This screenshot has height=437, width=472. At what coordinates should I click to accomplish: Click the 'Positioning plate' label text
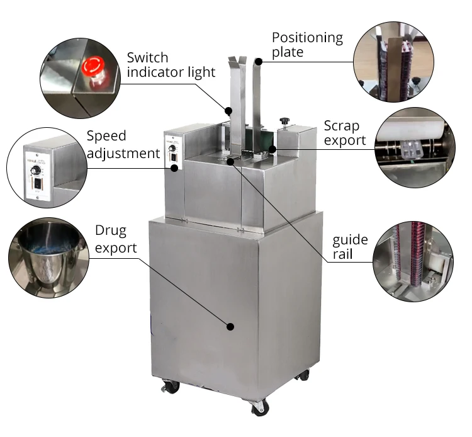point(307,44)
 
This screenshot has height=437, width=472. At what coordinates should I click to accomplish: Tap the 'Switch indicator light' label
point(171,65)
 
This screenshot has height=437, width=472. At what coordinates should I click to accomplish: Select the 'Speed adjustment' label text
point(123,144)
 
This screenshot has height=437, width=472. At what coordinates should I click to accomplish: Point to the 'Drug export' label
point(115,239)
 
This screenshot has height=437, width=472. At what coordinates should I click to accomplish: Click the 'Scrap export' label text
point(344,132)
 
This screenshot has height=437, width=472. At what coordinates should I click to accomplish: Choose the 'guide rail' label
point(351,248)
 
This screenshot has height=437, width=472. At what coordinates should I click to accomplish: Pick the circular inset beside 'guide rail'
point(412,260)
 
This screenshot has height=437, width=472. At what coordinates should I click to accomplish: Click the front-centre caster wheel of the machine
point(259,407)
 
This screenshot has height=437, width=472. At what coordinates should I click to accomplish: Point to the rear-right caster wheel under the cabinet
point(303,375)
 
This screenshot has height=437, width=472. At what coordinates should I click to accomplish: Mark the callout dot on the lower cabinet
point(230,326)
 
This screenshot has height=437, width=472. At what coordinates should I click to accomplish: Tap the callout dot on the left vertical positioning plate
point(229,111)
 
